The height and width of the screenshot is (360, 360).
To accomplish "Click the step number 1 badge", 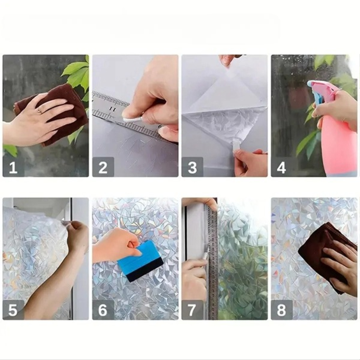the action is pyautogui.click(x=13, y=167).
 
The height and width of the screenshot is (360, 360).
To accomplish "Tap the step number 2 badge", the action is pyautogui.click(x=103, y=167).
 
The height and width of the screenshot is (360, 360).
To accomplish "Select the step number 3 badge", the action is pyautogui.click(x=192, y=167).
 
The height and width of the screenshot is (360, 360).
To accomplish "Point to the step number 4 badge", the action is pyautogui.click(x=282, y=167).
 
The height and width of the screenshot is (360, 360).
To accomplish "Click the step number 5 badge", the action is pyautogui.click(x=13, y=310).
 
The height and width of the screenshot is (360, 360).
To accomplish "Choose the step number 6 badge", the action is pyautogui.click(x=103, y=310).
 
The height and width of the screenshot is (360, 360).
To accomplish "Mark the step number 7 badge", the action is pyautogui.click(x=192, y=310).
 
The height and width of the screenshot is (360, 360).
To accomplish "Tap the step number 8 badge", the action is pyautogui.click(x=282, y=310).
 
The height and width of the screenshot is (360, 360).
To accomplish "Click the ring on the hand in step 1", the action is pyautogui.click(x=39, y=111).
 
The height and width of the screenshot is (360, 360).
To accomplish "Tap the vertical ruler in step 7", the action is pyautogui.click(x=213, y=259).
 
